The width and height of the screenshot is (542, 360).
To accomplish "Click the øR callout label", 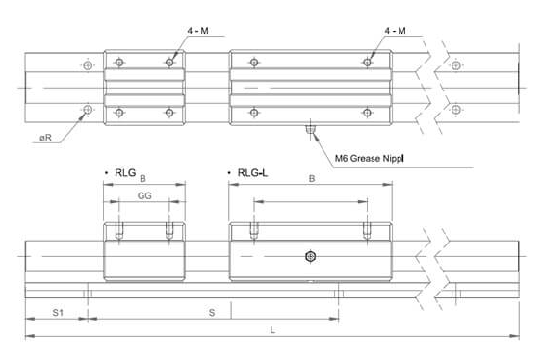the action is [45, 138].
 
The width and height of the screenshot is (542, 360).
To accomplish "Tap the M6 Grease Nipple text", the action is [369, 158].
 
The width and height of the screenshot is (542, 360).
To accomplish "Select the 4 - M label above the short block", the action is [197, 31].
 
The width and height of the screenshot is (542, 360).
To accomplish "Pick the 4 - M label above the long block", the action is [395, 31].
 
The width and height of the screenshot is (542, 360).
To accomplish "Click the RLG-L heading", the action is [252, 172].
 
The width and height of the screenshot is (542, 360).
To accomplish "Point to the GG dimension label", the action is [144, 196].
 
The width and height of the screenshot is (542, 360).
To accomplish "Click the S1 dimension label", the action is [58, 312].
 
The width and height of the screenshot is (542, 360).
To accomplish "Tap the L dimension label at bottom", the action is [272, 330].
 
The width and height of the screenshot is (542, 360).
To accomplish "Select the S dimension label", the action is [212, 313].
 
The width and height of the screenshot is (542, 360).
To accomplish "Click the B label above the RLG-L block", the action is [312, 179].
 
